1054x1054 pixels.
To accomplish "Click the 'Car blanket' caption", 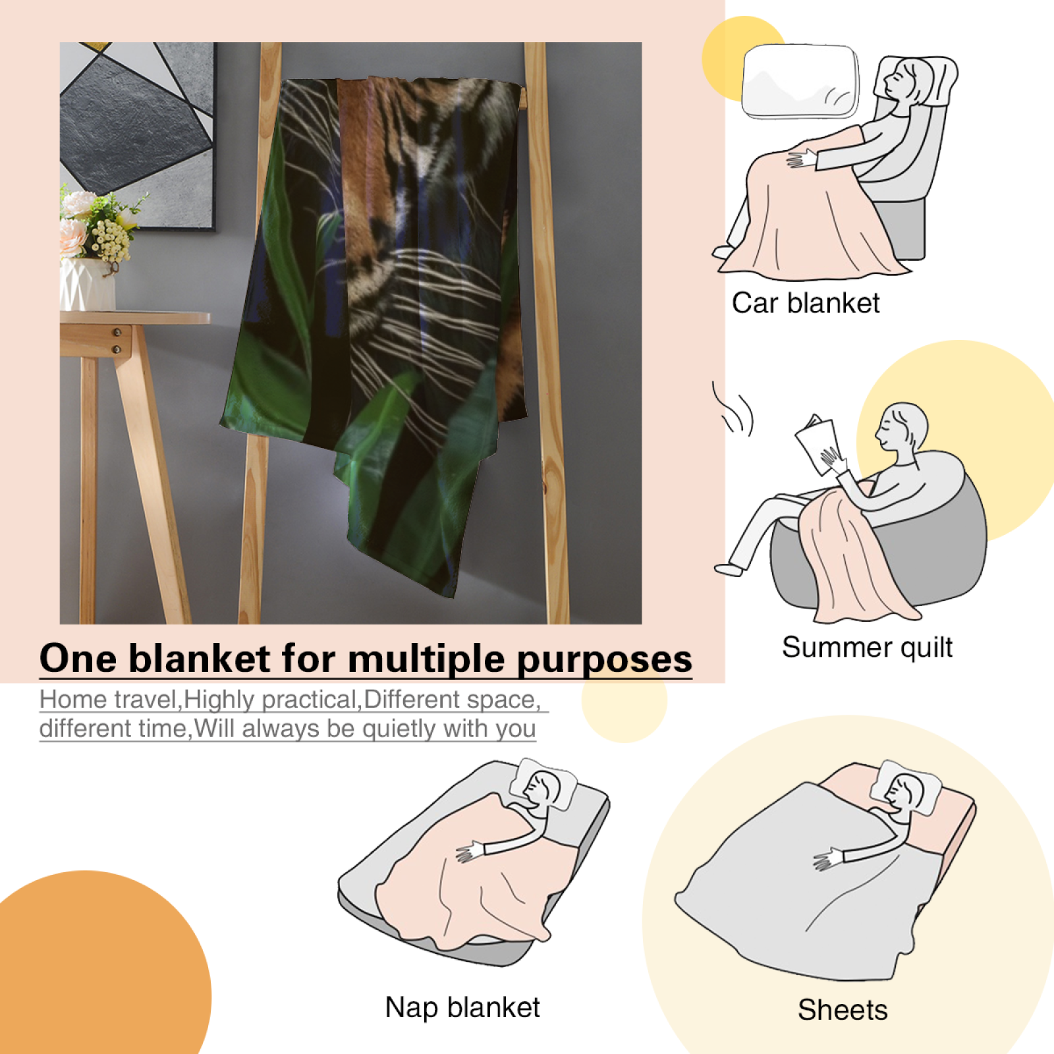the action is tap(806, 303).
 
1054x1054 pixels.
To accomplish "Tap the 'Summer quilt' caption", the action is tap(867, 647).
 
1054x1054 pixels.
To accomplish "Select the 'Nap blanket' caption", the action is tap(462, 1007).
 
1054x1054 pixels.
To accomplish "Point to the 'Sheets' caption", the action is tap(843, 1010).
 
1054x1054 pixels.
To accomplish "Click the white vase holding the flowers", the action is tap(87, 285).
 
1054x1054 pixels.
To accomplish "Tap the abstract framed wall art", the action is tap(137, 136).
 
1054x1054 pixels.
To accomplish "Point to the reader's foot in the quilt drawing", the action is tap(729, 569).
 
